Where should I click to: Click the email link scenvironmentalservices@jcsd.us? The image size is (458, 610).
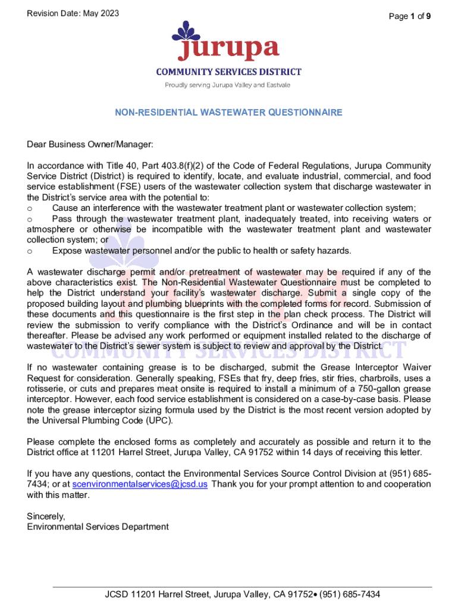tap(140, 484)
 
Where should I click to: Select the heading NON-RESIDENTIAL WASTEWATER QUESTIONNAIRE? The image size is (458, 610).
tap(229, 112)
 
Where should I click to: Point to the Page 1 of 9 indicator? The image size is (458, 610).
tap(410, 17)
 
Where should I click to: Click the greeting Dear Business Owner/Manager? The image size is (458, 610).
tap(90, 144)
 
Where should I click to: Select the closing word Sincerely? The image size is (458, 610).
tap(46, 516)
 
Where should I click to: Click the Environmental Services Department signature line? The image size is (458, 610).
tap(98, 527)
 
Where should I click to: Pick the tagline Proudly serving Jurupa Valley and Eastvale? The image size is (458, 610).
tap(228, 85)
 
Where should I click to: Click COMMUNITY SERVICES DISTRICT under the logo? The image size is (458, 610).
tap(229, 72)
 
